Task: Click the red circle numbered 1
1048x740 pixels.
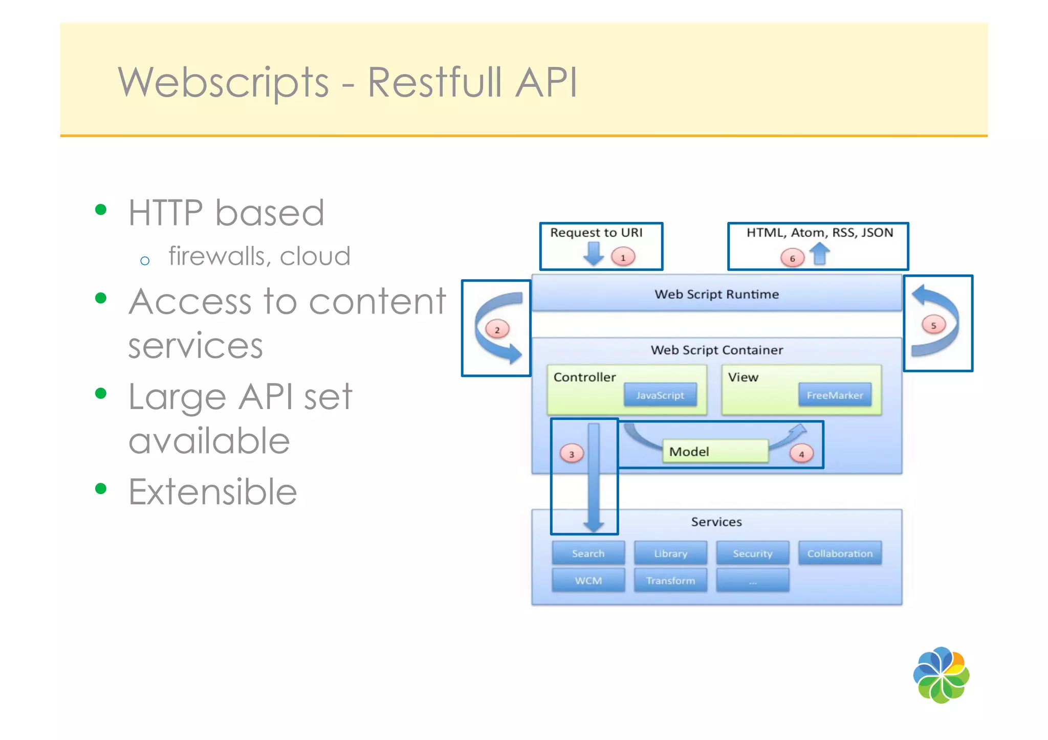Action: click(x=623, y=257)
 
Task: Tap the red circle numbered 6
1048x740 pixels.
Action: click(x=792, y=258)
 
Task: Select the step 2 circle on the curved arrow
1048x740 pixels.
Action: click(x=497, y=329)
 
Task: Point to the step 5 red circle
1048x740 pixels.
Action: click(x=933, y=325)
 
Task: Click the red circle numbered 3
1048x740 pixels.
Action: click(x=572, y=454)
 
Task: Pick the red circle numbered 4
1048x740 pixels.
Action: click(x=801, y=454)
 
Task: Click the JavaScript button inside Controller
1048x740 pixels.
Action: click(x=660, y=395)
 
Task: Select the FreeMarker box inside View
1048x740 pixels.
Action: click(x=835, y=395)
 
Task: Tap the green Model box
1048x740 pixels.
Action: click(x=715, y=451)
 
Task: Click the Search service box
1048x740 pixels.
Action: click(x=588, y=553)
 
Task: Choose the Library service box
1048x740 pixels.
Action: click(x=670, y=553)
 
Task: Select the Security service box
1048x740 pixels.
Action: click(x=752, y=553)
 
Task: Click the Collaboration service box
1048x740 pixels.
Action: click(x=840, y=553)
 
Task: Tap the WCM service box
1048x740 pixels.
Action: click(x=588, y=580)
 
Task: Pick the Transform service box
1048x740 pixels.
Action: click(x=670, y=580)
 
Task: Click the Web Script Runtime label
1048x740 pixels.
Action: click(x=716, y=294)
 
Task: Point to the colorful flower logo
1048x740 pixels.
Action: click(x=941, y=675)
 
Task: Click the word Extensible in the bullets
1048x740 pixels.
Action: click(x=212, y=492)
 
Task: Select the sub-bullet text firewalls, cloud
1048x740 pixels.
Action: click(x=259, y=256)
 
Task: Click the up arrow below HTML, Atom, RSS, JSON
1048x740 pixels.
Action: click(x=820, y=254)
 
